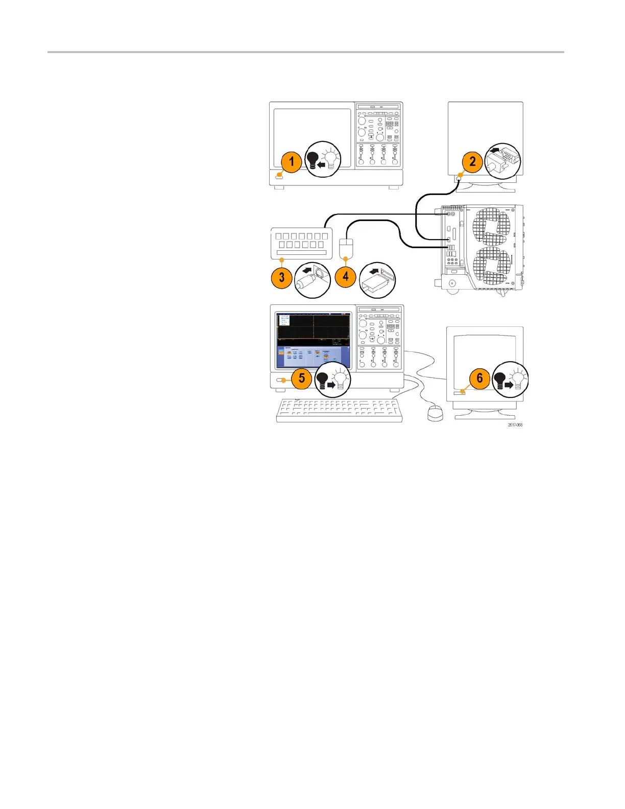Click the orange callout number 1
[291, 162]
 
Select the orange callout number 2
[472, 161]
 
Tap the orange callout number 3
[281, 278]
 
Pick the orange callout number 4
[346, 277]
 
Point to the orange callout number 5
[302, 378]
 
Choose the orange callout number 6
[479, 378]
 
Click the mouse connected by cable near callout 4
[346, 248]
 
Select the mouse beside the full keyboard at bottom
[435, 413]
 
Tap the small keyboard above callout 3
[301, 243]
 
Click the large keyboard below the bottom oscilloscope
[339, 410]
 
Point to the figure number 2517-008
[515, 425]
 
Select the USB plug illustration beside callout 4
[377, 280]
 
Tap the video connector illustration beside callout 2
[502, 160]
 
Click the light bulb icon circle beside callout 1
[323, 159]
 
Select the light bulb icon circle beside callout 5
[332, 380]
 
